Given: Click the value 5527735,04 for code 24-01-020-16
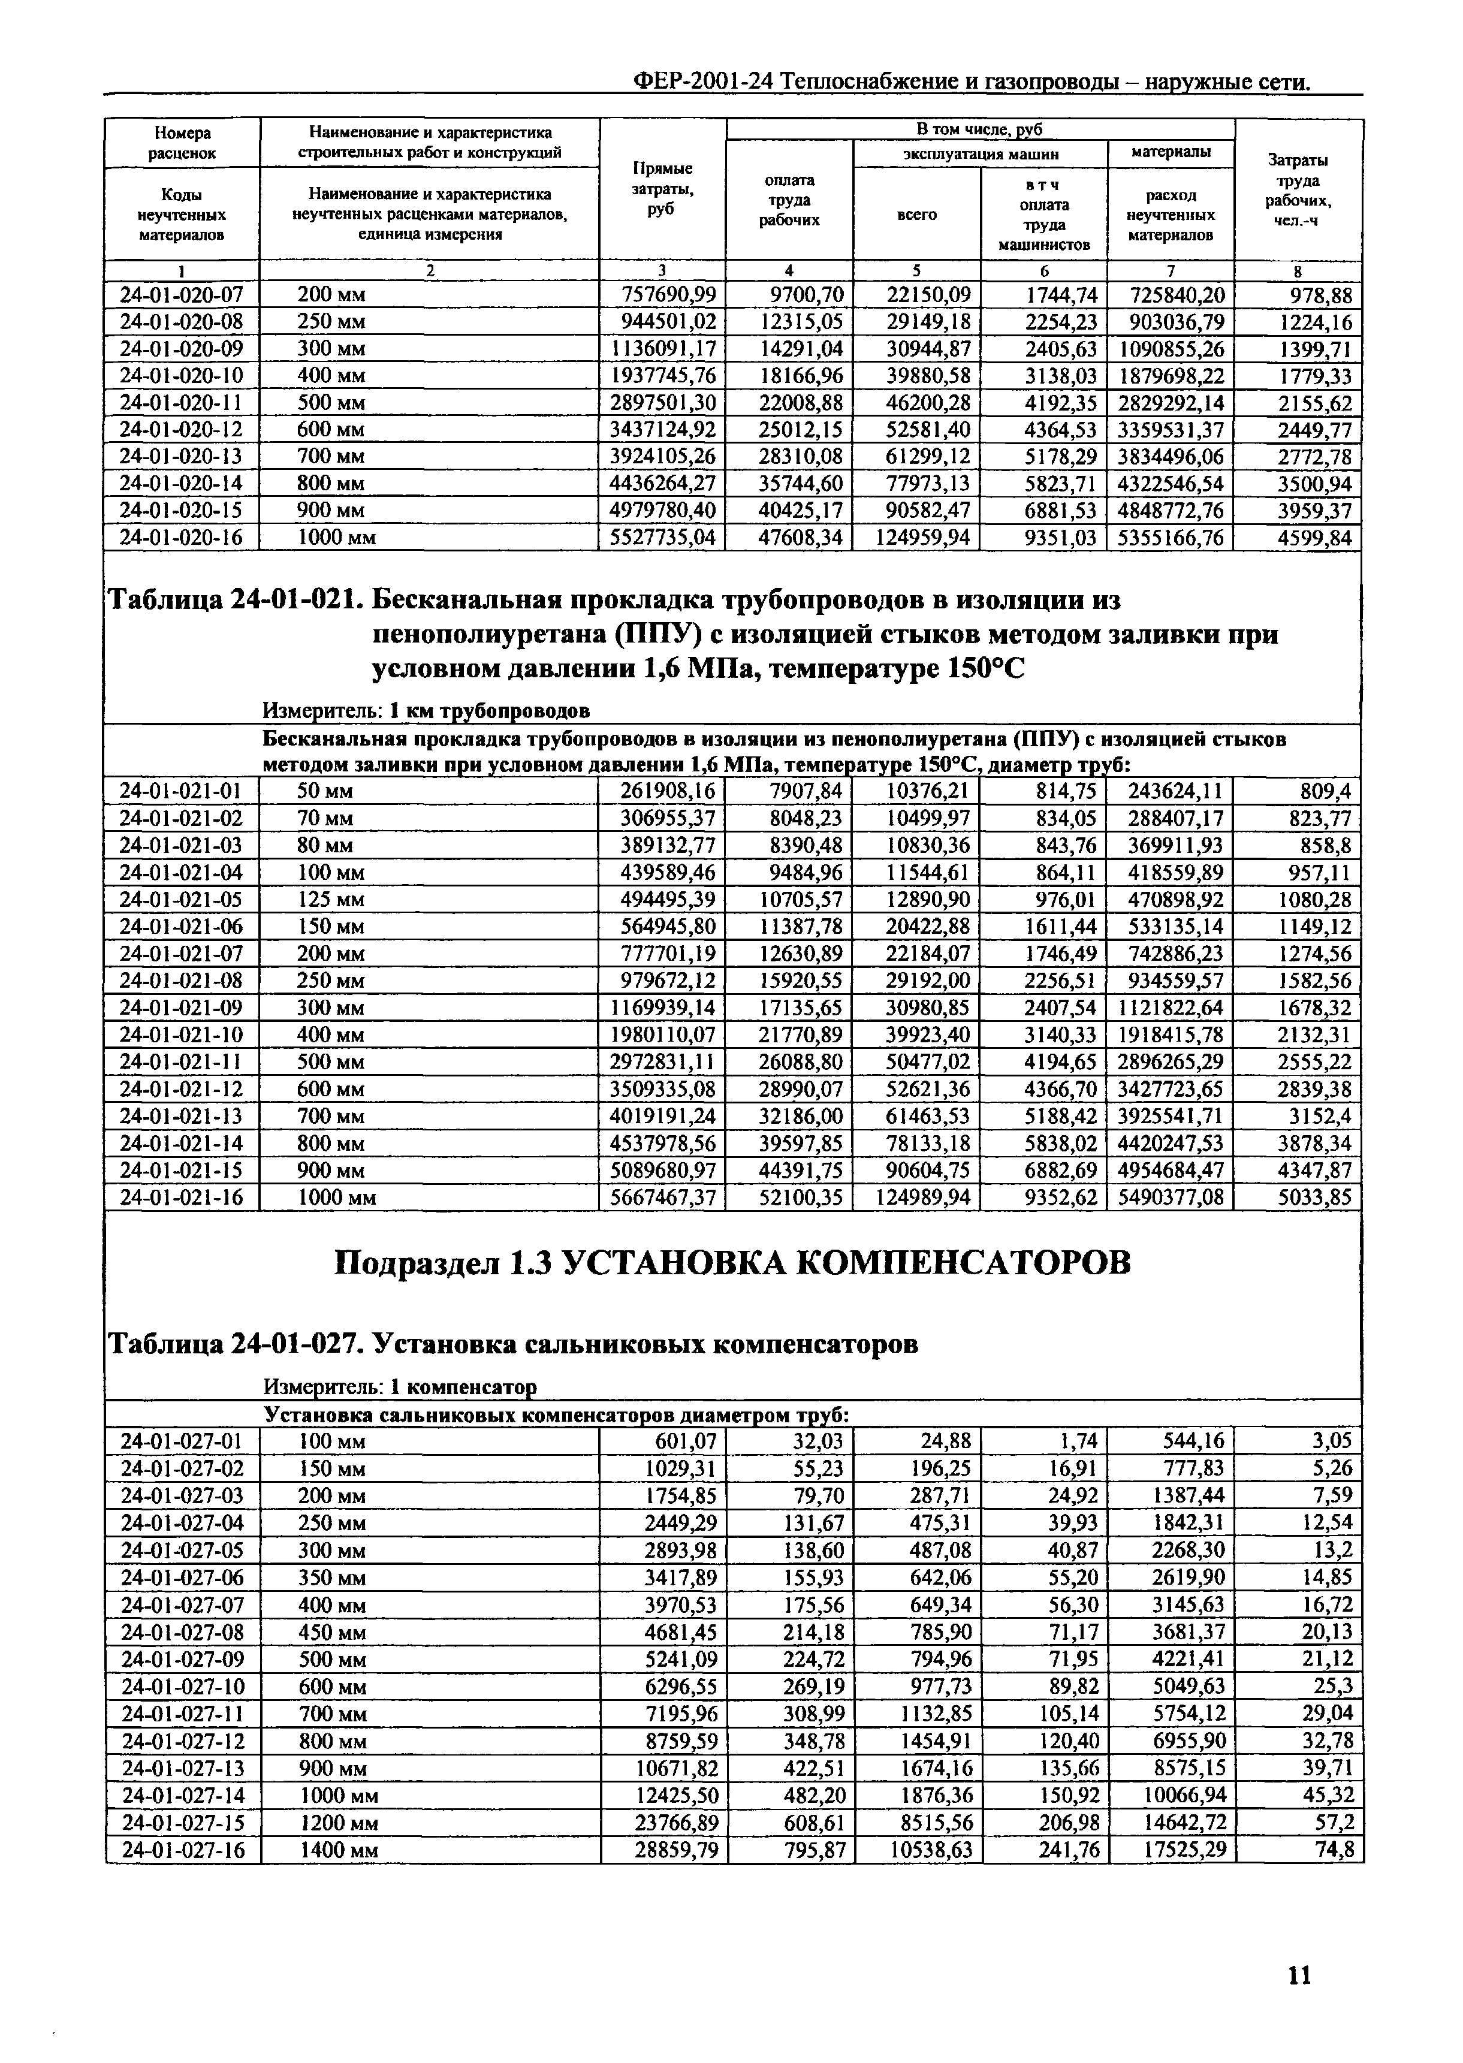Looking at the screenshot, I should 662,538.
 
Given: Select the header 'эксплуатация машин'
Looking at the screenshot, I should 980,154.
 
